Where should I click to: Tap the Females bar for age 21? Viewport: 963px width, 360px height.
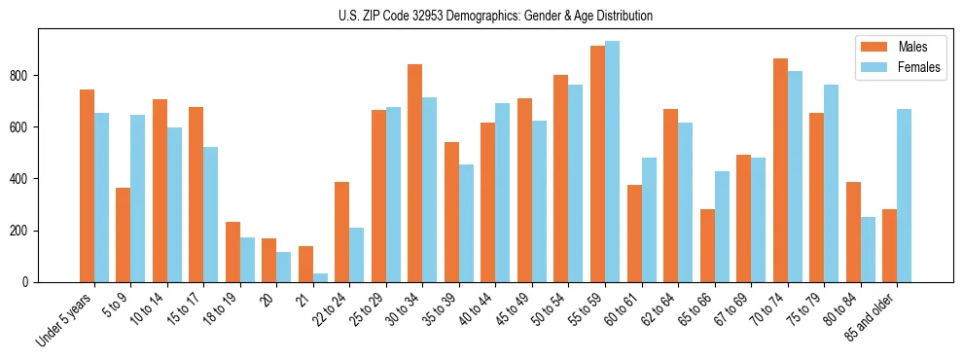point(320,277)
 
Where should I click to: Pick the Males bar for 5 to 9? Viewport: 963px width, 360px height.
point(124,234)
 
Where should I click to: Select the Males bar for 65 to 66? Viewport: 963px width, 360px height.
point(707,245)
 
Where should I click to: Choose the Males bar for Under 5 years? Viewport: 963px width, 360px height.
point(87,186)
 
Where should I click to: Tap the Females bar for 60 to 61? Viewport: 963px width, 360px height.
point(649,220)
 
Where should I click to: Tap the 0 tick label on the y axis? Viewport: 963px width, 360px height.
point(30,282)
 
